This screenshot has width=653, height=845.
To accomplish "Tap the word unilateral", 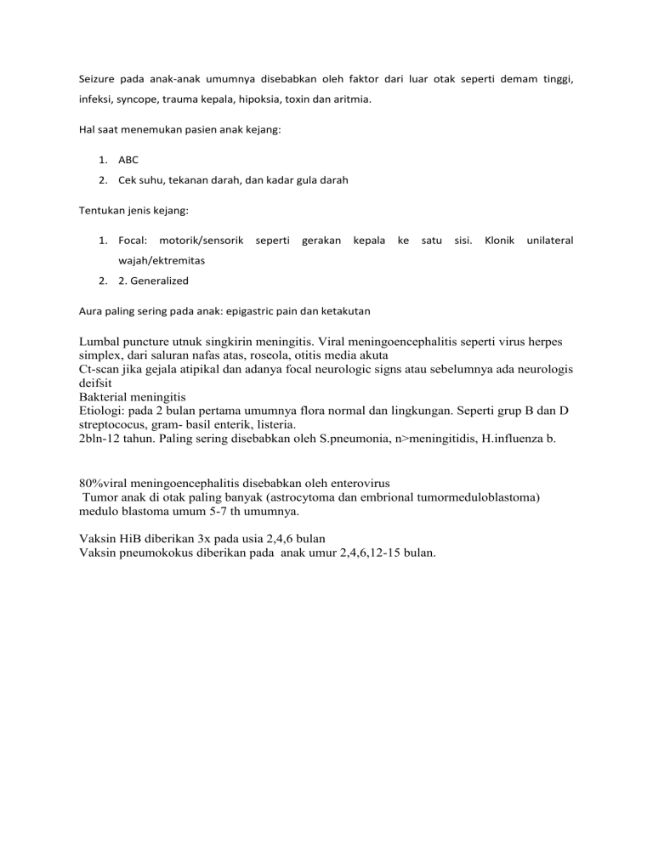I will [550, 241].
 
